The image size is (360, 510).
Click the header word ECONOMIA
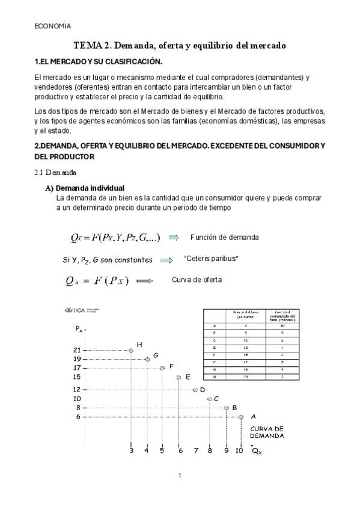point(52,26)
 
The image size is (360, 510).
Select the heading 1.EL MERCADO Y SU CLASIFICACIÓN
point(99,62)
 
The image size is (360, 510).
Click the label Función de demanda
point(224,238)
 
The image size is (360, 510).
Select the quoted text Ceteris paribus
point(210,259)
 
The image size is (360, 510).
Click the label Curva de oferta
point(197,280)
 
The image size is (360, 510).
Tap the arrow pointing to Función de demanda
point(174,238)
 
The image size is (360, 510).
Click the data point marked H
point(131,350)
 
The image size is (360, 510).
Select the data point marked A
point(241,416)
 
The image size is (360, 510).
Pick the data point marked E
point(178,377)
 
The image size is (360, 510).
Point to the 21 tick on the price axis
point(76,349)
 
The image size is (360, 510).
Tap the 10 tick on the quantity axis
point(239,449)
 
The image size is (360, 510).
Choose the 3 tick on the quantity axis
point(131,449)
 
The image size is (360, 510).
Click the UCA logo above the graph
point(79,310)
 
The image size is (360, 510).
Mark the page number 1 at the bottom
point(179,476)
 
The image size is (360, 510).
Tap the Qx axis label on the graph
point(257,451)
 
